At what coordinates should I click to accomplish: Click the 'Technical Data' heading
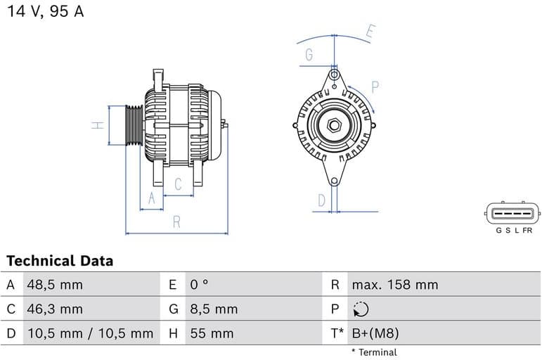click(60, 261)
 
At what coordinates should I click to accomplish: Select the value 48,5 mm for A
click(55, 285)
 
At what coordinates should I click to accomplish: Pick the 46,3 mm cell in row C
click(55, 309)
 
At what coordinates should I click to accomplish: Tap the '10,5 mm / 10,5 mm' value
click(90, 333)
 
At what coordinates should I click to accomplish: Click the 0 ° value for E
click(199, 285)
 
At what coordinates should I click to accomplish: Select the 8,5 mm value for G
click(214, 309)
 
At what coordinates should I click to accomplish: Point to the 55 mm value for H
click(211, 333)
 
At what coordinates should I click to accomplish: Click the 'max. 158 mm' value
click(394, 285)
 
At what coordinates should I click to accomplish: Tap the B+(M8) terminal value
click(375, 333)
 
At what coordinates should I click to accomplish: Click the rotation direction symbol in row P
click(360, 309)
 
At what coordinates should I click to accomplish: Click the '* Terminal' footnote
click(373, 352)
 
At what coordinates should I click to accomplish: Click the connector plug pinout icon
click(512, 212)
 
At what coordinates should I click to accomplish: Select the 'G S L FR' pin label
click(514, 230)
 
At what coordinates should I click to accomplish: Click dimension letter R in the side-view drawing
click(176, 222)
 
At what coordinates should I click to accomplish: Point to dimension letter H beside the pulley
click(98, 125)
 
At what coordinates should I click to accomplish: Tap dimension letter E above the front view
click(370, 31)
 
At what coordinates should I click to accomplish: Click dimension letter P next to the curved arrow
click(375, 86)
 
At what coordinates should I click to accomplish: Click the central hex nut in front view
click(333, 127)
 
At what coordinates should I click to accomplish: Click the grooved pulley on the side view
click(134, 125)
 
